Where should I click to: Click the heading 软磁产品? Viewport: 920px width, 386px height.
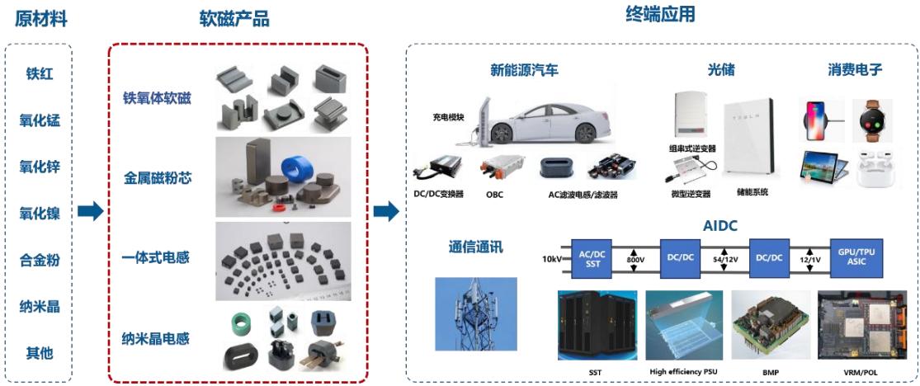[234, 19]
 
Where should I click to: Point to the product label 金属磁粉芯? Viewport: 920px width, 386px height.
[158, 178]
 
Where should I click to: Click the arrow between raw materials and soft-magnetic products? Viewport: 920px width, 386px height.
[91, 210]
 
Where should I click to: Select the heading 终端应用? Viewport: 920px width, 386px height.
[661, 14]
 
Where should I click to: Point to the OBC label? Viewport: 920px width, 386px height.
[494, 194]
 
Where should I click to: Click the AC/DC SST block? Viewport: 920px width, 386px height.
[592, 258]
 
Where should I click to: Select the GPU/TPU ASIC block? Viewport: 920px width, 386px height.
[856, 258]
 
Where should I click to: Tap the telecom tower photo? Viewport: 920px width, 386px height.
[476, 318]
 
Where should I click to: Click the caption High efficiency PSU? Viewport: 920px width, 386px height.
[683, 372]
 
